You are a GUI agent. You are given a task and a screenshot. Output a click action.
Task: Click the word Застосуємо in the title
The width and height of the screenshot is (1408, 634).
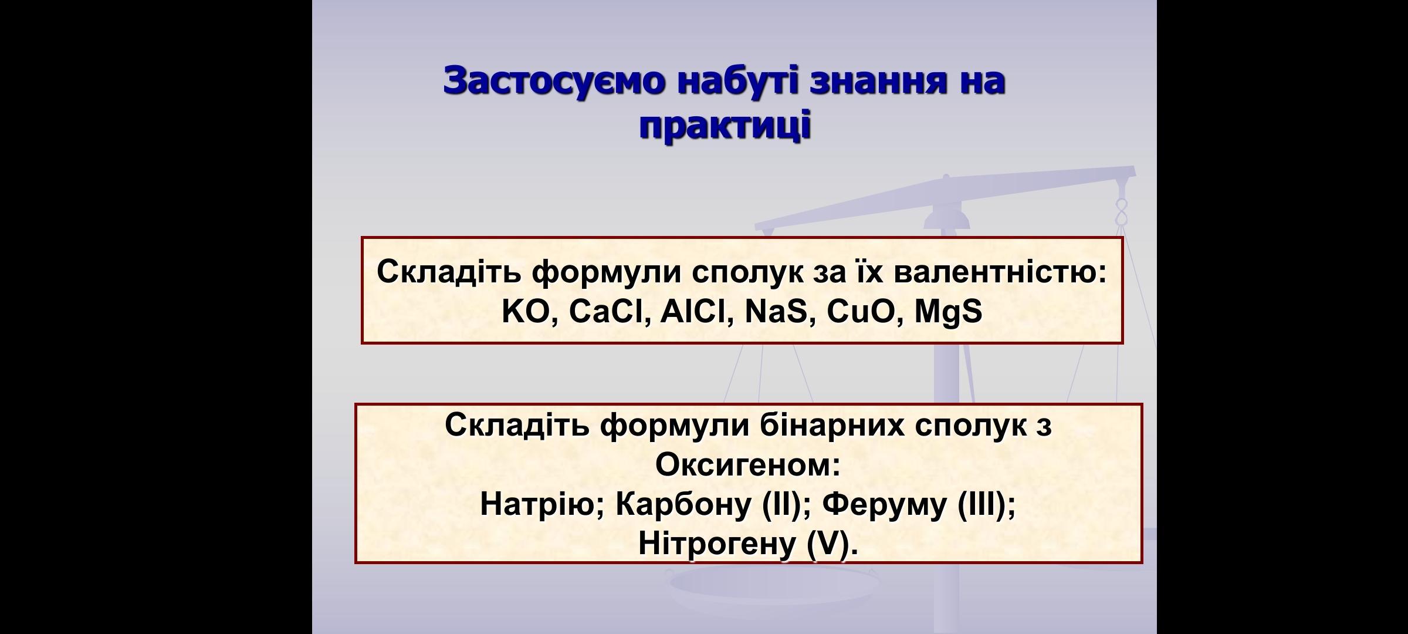click(554, 80)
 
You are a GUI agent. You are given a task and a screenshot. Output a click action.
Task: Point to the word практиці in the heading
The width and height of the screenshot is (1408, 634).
click(725, 126)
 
